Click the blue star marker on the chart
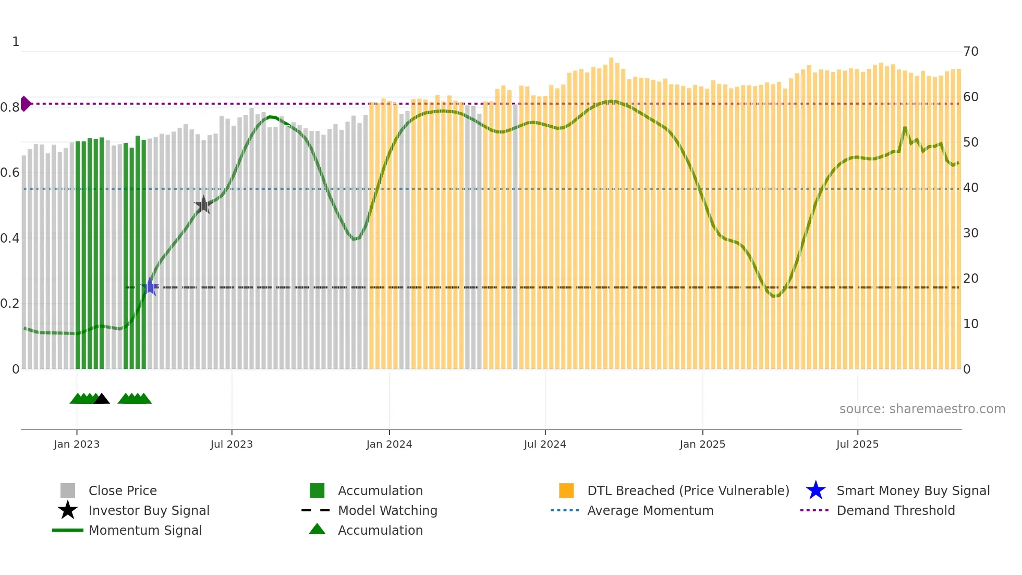click(150, 286)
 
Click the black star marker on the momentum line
click(203, 205)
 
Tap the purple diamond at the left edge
click(25, 104)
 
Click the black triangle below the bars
click(102, 399)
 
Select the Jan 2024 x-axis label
click(389, 444)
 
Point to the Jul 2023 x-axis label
click(232, 444)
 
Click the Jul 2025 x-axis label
click(857, 444)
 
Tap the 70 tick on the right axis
click(970, 52)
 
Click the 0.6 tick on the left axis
click(10, 173)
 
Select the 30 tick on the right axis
click(970, 233)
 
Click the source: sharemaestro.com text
click(922, 409)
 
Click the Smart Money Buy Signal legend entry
click(913, 490)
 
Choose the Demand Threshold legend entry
click(895, 510)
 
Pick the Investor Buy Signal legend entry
click(149, 510)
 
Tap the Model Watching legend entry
click(387, 510)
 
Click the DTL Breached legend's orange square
click(566, 490)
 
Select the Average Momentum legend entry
click(650, 510)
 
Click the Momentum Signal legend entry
click(145, 530)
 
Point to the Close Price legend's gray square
click(68, 490)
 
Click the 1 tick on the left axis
click(16, 42)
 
